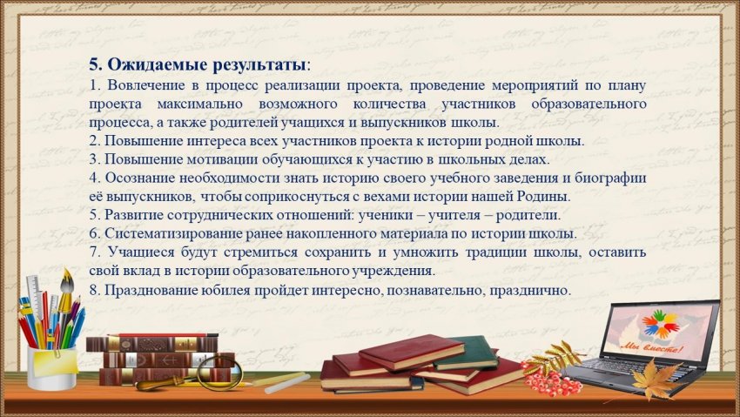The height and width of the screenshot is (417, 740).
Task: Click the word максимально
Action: (199, 104)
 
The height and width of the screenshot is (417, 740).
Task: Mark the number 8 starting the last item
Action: (93, 290)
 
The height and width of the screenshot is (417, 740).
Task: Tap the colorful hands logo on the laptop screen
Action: (660, 324)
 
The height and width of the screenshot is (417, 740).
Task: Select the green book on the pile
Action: (465, 353)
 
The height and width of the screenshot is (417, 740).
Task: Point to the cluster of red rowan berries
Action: (553, 380)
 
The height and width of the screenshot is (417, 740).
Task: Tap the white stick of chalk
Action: (287, 383)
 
